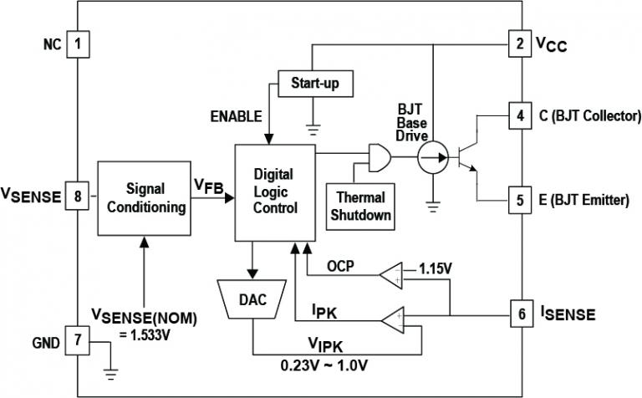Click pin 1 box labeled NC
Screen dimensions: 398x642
(78, 43)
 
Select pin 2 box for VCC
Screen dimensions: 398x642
(519, 43)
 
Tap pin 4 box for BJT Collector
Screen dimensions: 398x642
(519, 115)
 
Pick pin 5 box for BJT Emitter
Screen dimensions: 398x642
(519, 200)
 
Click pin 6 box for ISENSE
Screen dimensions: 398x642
(519, 314)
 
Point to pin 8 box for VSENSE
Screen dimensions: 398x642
(78, 197)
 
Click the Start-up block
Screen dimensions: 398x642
(315, 84)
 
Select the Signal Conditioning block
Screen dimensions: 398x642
(144, 198)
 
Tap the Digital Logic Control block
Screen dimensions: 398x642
(275, 191)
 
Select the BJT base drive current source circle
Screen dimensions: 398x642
(432, 155)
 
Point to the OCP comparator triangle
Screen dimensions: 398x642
(390, 272)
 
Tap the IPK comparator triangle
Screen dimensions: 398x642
(390, 319)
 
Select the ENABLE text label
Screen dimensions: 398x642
(236, 115)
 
